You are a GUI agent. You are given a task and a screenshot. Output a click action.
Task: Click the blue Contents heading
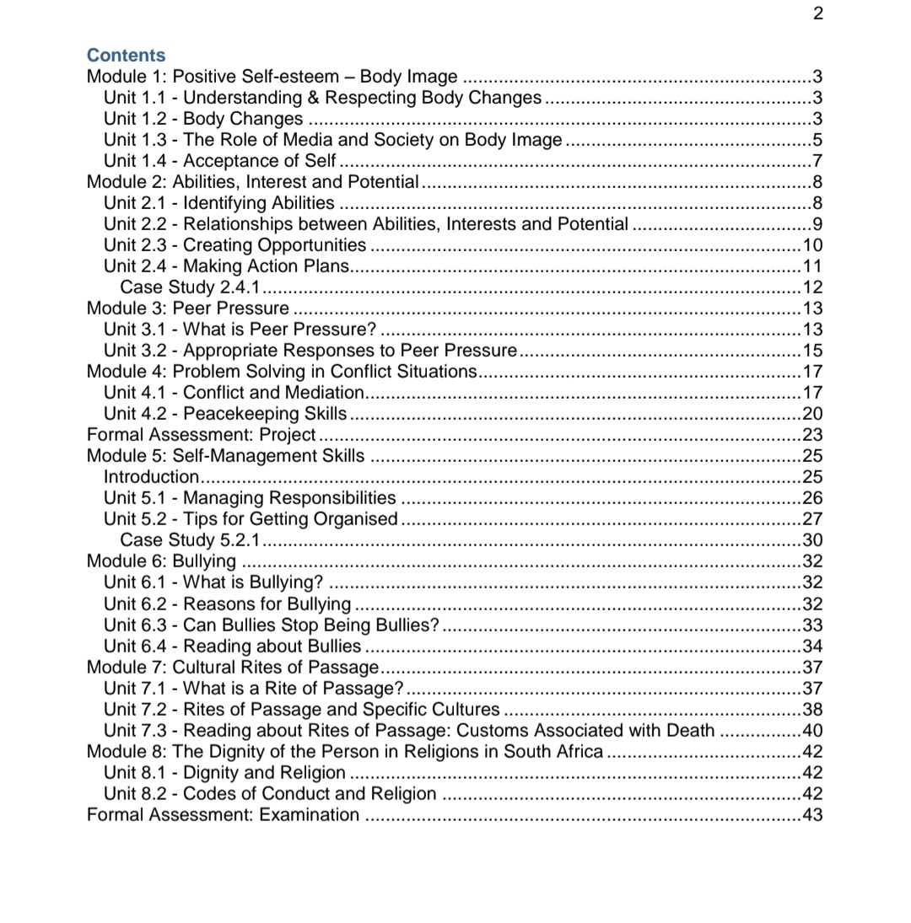(x=126, y=56)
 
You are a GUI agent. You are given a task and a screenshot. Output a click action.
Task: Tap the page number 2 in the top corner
(x=817, y=13)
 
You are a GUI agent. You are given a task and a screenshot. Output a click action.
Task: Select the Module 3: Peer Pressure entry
(x=187, y=309)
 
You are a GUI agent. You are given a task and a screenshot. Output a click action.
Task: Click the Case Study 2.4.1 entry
(x=190, y=287)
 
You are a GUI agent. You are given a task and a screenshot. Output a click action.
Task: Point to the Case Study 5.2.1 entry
(x=190, y=540)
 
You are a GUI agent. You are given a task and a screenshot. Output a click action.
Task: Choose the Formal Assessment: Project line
(x=201, y=435)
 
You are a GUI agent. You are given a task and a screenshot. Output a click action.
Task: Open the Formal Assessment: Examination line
(x=223, y=815)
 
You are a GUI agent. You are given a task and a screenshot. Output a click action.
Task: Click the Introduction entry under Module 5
(x=150, y=477)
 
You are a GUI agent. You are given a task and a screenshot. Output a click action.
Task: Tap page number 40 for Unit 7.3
(x=812, y=731)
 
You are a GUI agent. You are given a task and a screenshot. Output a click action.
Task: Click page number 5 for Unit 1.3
(x=817, y=140)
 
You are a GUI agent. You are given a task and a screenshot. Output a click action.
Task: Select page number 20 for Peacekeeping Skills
(x=812, y=414)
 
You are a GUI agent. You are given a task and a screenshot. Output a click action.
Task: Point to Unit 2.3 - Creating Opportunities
(x=234, y=245)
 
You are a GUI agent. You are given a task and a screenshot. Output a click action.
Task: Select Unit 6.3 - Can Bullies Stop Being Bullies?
(x=271, y=625)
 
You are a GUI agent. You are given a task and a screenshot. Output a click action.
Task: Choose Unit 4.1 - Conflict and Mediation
(x=234, y=393)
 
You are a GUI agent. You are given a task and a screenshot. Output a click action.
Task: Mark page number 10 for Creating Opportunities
(x=812, y=245)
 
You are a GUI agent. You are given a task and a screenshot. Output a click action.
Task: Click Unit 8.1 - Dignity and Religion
(x=224, y=773)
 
